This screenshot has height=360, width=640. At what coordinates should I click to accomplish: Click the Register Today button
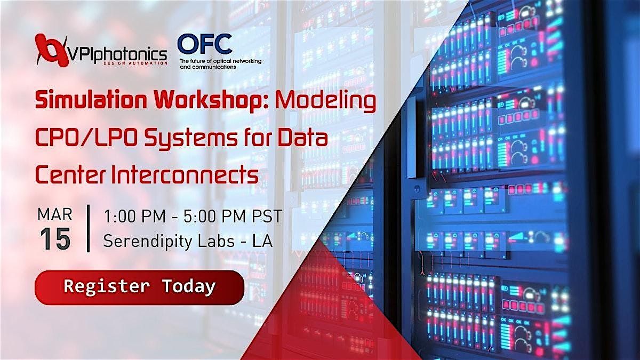click(139, 287)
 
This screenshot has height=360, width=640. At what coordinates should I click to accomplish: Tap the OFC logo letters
click(205, 44)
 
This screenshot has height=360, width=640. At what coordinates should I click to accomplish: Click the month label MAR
click(55, 214)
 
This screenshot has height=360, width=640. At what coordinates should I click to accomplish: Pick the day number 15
click(55, 239)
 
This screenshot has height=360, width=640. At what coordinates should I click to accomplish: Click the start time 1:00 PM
click(135, 216)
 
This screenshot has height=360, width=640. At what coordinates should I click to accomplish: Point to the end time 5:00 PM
click(214, 216)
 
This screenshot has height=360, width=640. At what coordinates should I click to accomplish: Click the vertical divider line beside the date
click(89, 228)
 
